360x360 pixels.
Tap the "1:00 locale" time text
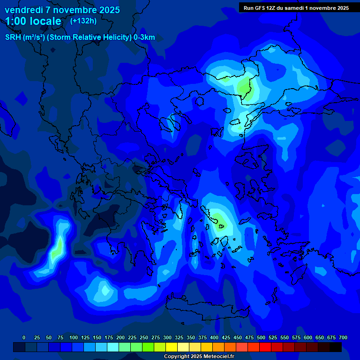pyautogui.click(x=33, y=21)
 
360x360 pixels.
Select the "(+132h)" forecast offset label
pyautogui.click(x=83, y=21)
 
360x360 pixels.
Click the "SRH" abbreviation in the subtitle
pyautogui.click(x=13, y=37)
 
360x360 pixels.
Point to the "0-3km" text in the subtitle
pyautogui.click(x=144, y=37)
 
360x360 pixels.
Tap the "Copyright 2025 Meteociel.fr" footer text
pyautogui.click(x=199, y=356)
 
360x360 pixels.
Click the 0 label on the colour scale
pyautogui.click(x=24, y=337)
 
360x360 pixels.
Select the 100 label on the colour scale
pyautogui.click(x=74, y=337)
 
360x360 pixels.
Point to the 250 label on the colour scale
pyautogui.click(x=144, y=337)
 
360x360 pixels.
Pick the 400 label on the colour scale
pyautogui.click(x=214, y=337)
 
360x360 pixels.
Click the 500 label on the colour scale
pyautogui.click(x=261, y=337)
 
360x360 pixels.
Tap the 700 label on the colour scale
pyautogui.click(x=343, y=337)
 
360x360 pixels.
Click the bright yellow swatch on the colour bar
pyautogui.click(x=172, y=347)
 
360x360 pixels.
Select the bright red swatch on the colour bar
pyautogui.click(x=265, y=347)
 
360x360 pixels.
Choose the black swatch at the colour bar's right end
pyautogui.click(x=336, y=347)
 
